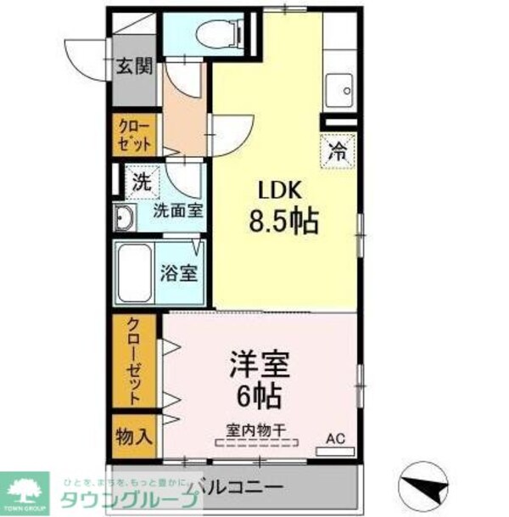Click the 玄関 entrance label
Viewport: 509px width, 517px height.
[x=134, y=65]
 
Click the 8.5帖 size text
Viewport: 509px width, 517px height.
[x=283, y=222]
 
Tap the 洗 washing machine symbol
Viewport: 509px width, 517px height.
[x=142, y=180]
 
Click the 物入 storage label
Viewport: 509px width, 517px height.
[x=134, y=436]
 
